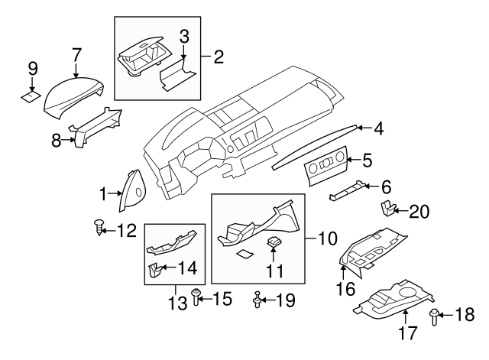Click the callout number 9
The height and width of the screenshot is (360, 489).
[x=31, y=69]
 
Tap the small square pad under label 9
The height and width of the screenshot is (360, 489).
[x=31, y=97]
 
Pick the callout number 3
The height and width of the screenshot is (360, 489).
[x=184, y=36]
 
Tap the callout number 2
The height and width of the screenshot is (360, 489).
[x=218, y=56]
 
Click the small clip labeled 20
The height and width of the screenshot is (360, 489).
[x=388, y=206]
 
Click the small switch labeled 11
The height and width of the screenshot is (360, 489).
[x=274, y=242]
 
